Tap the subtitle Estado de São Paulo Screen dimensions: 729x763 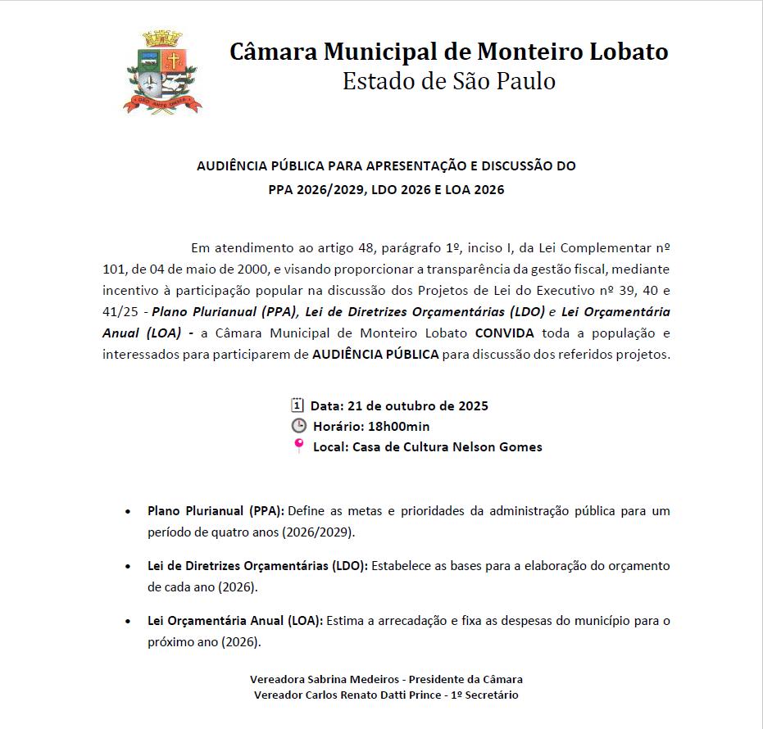(x=448, y=81)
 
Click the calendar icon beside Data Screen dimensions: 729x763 (x=297, y=405)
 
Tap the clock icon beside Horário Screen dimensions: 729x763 (x=298, y=426)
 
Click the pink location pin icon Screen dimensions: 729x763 (x=298, y=446)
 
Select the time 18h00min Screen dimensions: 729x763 (x=398, y=426)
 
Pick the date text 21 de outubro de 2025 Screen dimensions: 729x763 (x=417, y=405)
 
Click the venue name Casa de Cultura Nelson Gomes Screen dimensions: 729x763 (x=447, y=447)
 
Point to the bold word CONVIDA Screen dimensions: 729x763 (x=504, y=333)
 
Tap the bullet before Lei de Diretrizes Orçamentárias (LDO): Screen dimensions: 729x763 (x=128, y=567)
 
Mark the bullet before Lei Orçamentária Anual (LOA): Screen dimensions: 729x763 (x=128, y=622)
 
